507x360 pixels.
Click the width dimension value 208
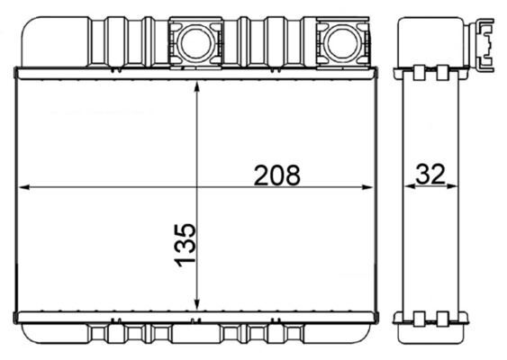coord(276,175)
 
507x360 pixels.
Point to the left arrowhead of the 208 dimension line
coord(24,187)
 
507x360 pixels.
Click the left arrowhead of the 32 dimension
coord(408,187)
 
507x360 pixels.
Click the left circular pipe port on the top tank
coord(195,41)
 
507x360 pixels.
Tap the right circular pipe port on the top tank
coord(341,41)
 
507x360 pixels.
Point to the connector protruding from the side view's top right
coord(485,42)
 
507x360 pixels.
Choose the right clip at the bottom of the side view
coord(442,317)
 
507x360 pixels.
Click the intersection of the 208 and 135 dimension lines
coord(196,187)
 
